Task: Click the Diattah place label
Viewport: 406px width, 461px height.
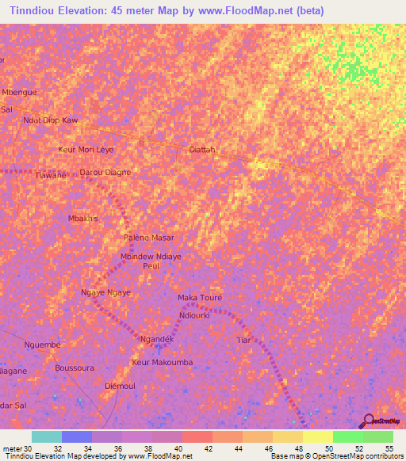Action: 202,149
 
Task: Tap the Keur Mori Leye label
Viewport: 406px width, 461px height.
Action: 86,149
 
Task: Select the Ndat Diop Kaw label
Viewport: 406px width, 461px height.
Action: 51,120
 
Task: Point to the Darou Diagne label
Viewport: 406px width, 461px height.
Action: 105,172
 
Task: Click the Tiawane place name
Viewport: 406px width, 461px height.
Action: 52,175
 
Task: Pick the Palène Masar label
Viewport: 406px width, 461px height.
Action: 148,238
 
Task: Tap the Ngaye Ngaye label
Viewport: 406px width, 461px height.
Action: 105,292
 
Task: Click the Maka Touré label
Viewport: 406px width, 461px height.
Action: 200,298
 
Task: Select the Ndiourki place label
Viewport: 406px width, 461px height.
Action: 194,314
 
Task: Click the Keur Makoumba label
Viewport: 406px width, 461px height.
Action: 162,362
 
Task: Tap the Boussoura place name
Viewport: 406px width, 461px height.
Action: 75,368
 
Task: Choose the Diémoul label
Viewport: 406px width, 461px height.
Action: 121,385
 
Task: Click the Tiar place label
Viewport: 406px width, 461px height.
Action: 243,340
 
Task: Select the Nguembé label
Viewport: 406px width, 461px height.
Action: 42,345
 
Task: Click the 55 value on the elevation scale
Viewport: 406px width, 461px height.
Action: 389,448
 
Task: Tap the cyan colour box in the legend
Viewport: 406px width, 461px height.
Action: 47,436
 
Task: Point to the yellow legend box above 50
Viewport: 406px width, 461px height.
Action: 317,436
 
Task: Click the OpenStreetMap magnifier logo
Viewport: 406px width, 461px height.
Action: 368,421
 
